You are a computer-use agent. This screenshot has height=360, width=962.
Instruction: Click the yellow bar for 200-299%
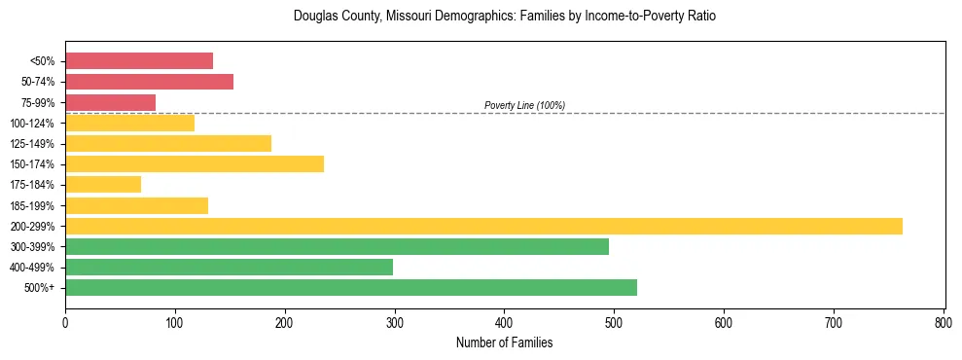click(483, 227)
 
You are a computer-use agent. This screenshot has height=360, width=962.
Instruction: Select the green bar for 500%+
click(351, 288)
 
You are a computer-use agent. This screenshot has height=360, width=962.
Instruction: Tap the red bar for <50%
click(139, 61)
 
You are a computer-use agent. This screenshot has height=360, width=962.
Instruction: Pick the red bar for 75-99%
click(110, 102)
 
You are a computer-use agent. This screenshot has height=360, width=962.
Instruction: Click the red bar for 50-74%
click(149, 82)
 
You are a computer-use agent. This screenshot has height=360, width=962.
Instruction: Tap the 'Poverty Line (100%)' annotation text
click(524, 105)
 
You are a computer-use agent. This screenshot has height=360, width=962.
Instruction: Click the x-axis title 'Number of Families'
click(504, 343)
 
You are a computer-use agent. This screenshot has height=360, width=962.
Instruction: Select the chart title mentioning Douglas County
click(504, 17)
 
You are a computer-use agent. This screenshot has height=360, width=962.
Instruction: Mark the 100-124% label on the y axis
click(32, 124)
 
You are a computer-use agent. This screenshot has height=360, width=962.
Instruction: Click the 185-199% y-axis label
click(32, 206)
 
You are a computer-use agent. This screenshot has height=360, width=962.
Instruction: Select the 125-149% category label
click(32, 144)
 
